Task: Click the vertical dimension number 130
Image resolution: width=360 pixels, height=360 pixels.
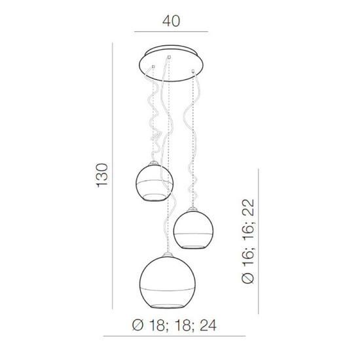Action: pos(101,176)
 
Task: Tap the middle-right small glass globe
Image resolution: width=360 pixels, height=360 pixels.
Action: pos(194,228)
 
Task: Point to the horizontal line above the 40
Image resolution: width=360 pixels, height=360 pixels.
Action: pos(170,31)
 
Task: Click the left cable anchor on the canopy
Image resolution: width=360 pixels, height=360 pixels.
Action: pos(152,67)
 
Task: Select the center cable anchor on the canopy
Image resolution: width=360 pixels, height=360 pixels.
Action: pos(170,58)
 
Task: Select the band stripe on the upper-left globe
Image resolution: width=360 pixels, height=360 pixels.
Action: pos(154,180)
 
